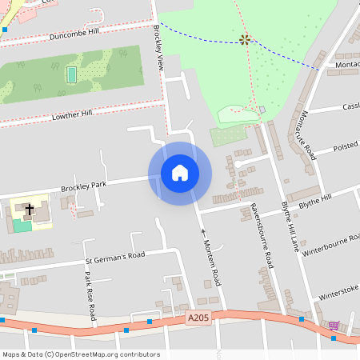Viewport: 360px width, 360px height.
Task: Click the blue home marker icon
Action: [179, 173]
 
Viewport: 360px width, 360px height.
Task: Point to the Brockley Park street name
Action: [83, 187]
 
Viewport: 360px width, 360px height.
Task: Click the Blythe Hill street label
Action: [315, 200]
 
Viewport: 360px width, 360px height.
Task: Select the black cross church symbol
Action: [30, 210]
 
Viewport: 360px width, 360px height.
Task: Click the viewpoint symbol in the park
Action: [244, 39]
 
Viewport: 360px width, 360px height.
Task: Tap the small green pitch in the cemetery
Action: [71, 74]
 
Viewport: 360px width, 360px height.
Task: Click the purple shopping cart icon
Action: [333, 326]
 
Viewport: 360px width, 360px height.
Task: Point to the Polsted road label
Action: [345, 147]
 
